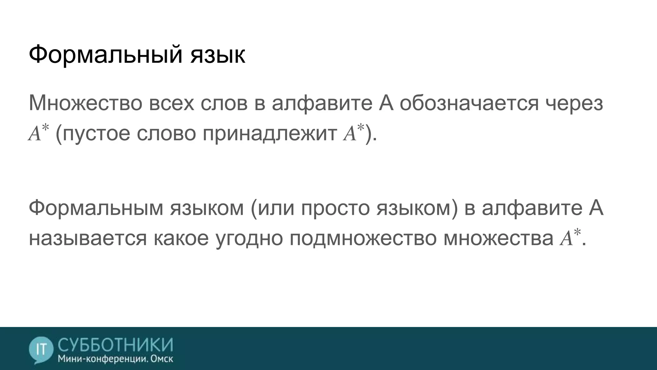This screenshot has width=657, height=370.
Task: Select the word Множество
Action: tap(85, 103)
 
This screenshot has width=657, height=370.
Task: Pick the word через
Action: tap(575, 103)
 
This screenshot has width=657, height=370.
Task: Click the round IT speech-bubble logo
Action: tap(41, 349)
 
